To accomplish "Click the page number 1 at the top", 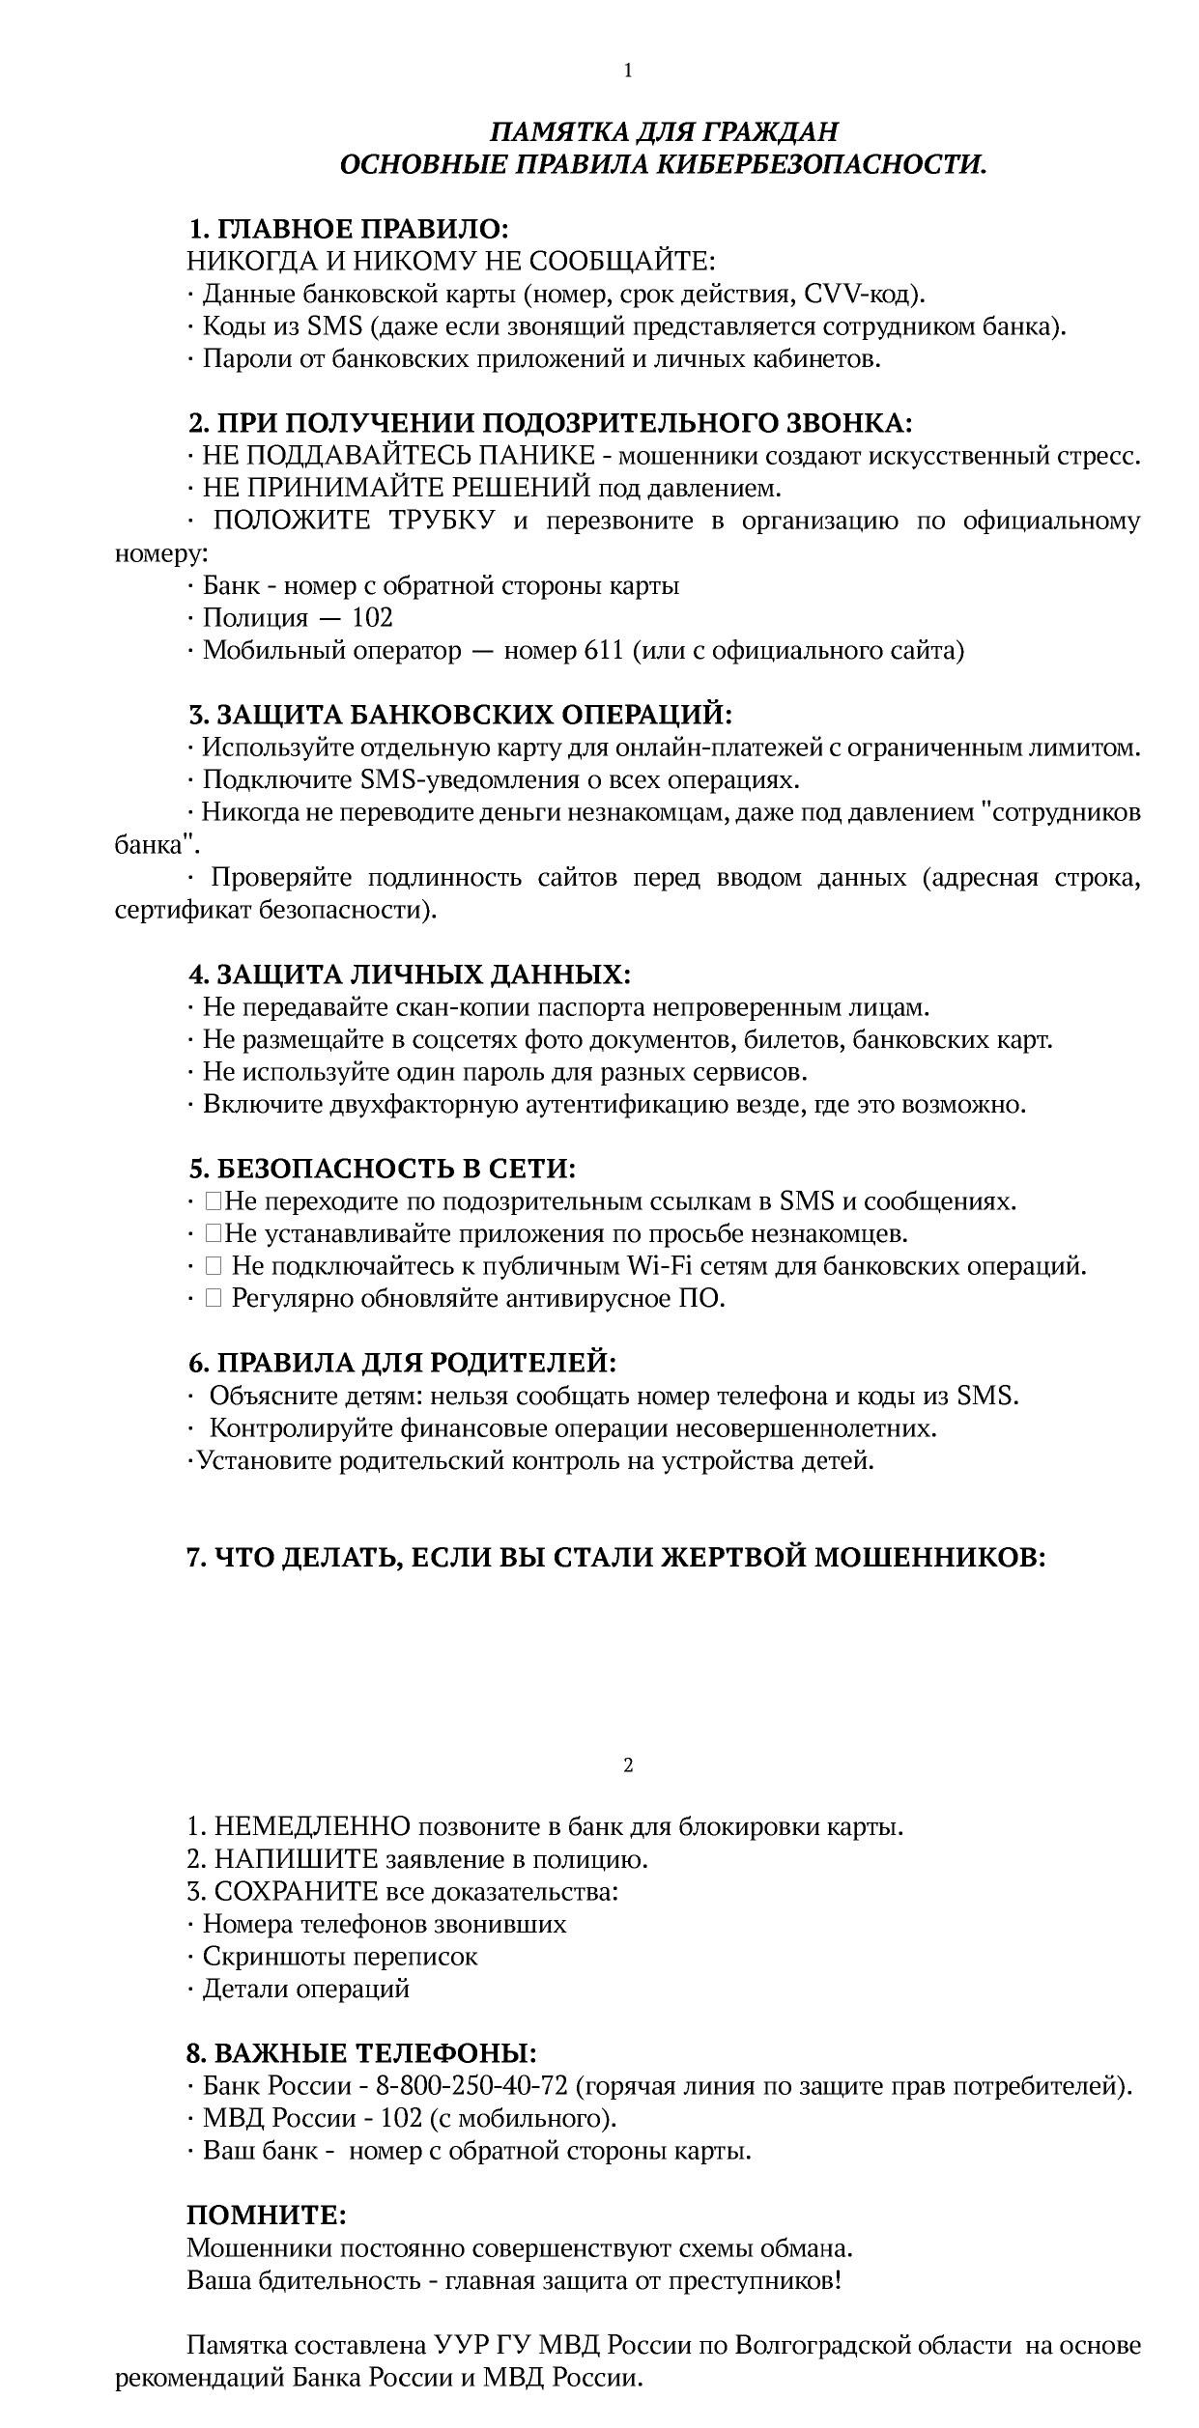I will point(628,71).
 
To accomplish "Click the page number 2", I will point(628,1765).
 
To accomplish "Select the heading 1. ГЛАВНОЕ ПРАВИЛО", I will point(348,230).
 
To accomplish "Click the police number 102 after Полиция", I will point(372,618).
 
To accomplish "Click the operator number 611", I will point(604,651).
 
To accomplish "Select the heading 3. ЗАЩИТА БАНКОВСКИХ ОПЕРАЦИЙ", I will point(460,716).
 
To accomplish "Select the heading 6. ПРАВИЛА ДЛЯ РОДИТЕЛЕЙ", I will point(402,1364).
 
